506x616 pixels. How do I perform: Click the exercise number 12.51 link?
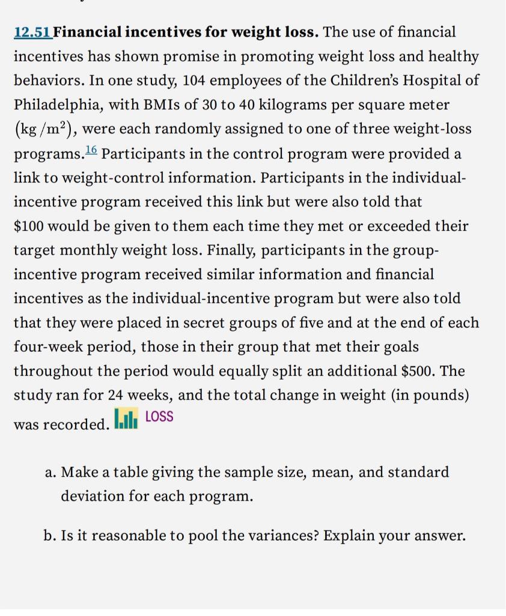point(32,32)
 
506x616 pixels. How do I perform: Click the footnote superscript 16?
point(91,150)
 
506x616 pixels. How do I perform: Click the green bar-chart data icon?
point(126,418)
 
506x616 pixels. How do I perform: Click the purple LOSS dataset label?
point(159,417)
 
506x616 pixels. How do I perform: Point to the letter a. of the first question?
point(51,472)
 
